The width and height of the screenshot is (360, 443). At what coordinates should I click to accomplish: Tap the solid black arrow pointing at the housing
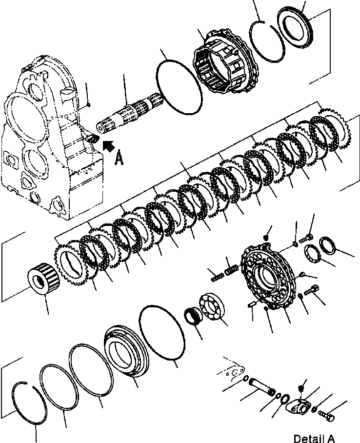click(108, 144)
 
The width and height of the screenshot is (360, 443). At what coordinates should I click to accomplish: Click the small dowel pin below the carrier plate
click(252, 305)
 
